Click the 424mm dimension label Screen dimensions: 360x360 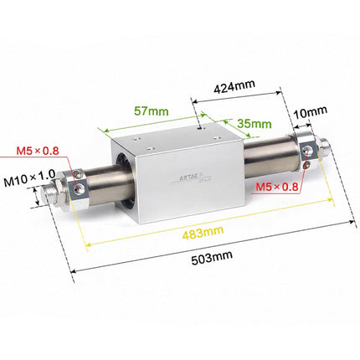(234, 85)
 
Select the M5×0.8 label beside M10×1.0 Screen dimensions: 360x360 (39, 152)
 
